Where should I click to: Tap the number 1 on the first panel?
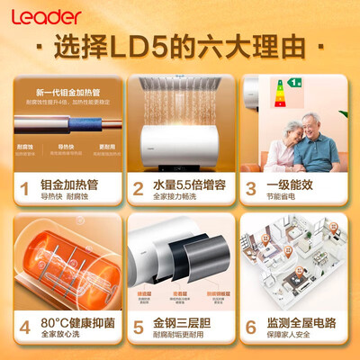point(26,189)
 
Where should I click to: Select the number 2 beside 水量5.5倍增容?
point(138,189)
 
